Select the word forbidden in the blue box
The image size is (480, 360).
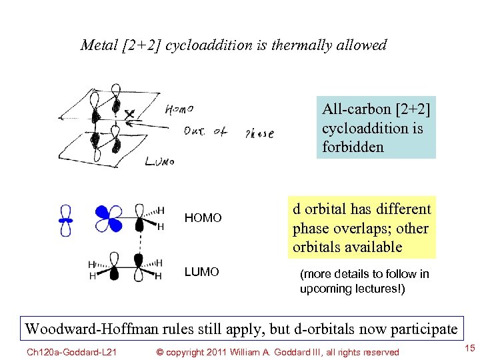(353, 147)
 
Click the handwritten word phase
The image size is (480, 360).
(259, 133)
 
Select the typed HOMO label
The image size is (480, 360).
(203, 218)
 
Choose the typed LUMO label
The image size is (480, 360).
(201, 272)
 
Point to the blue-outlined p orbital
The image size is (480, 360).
(65, 219)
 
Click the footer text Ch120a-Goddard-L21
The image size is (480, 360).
(64, 352)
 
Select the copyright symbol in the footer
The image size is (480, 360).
(159, 352)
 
